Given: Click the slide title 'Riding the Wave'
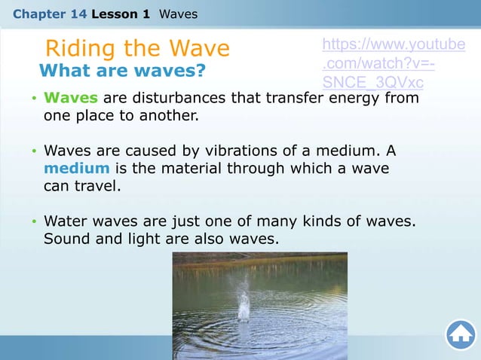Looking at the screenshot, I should [137, 48].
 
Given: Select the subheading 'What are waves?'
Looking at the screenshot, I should [121, 72].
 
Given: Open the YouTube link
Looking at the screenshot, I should [393, 63].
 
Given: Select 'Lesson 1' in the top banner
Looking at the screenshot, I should [120, 13].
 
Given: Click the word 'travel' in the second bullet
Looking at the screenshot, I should [96, 185].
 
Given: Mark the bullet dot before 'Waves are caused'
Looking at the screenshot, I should [33, 151].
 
